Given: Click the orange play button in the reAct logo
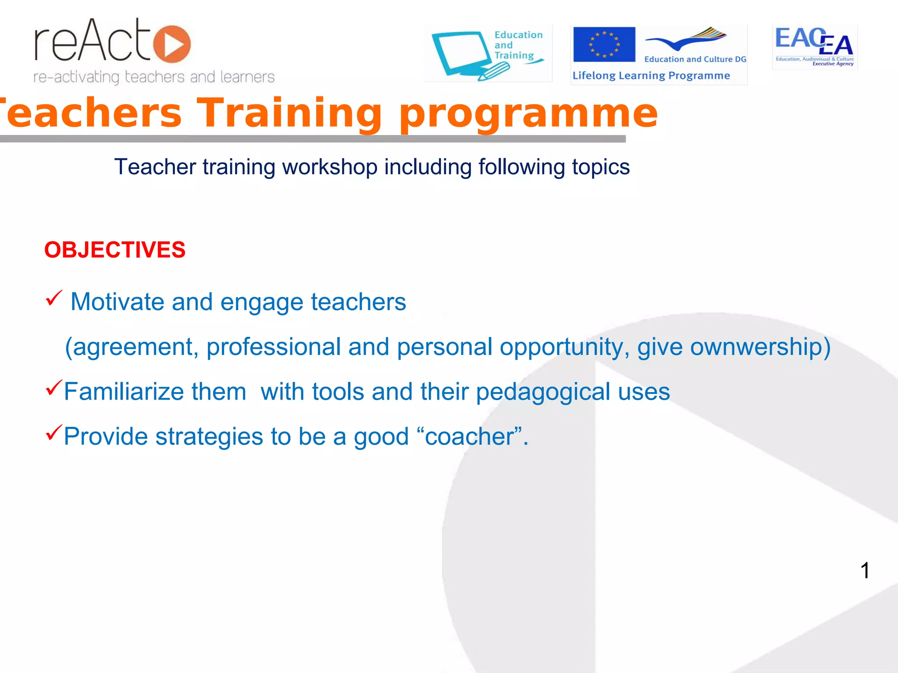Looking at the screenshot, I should pos(172,44).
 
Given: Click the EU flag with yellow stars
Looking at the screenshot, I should pos(604,44).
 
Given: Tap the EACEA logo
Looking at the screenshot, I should pos(814,46).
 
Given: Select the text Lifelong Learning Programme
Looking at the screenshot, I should pos(651,76).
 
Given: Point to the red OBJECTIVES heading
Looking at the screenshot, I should pos(115,250).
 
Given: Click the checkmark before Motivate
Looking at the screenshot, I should pos(54,299).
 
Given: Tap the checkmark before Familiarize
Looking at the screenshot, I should pos(54,388).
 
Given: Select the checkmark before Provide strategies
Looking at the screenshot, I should pos(54,433).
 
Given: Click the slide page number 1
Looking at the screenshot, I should pos(865,570).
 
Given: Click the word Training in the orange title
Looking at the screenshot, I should pos(289,113).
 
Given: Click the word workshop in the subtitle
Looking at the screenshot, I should pos(329,167).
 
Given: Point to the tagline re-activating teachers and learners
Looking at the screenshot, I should pos(154,77).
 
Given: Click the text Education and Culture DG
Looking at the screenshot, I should pos(695,59).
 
